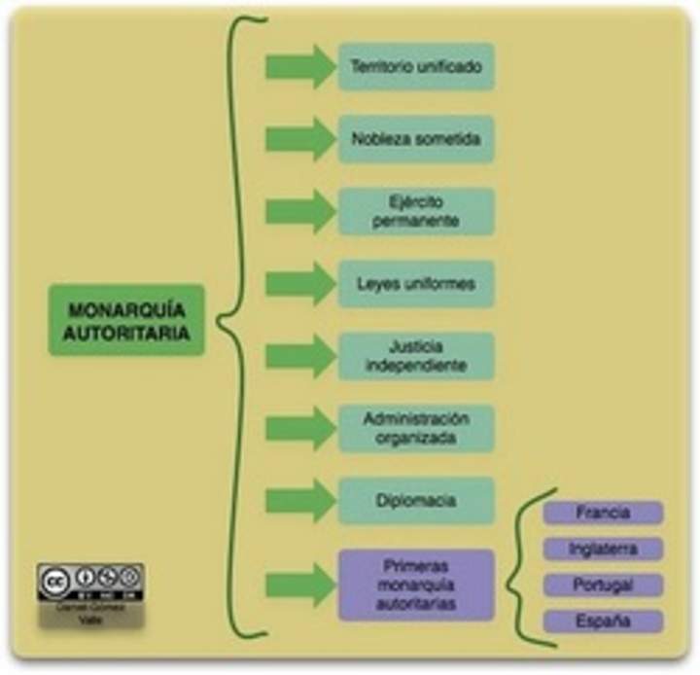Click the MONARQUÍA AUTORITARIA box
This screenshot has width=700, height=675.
(x=126, y=320)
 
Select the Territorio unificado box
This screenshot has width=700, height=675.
(x=416, y=67)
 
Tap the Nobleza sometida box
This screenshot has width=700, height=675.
(x=416, y=139)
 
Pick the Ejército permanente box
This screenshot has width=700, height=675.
(x=416, y=212)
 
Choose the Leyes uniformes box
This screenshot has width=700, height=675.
(x=416, y=284)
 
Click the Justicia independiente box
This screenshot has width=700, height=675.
(x=416, y=356)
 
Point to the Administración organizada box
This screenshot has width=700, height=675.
(x=416, y=429)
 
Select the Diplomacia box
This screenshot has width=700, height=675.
(x=416, y=501)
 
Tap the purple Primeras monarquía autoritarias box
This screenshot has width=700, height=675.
(x=416, y=585)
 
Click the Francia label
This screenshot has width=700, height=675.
(x=603, y=513)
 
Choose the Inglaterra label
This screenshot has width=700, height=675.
(x=603, y=550)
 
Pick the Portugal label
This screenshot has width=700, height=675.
(x=603, y=586)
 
